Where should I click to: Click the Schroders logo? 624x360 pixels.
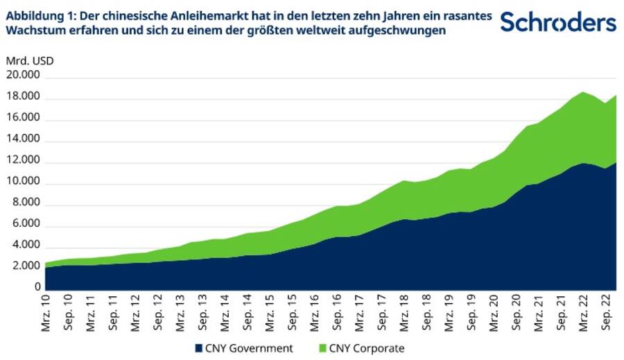point(557,22)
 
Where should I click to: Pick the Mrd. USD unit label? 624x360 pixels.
point(29,60)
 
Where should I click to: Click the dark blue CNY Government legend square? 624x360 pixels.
point(200,348)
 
